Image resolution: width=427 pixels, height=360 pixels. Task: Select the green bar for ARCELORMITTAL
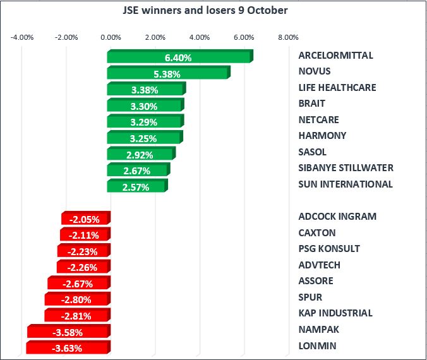(179, 57)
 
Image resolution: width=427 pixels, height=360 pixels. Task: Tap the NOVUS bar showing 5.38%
(168, 73)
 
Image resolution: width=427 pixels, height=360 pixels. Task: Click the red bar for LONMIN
(68, 347)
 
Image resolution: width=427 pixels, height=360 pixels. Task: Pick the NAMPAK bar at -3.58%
(69, 332)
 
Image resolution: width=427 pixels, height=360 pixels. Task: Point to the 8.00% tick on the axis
(288, 37)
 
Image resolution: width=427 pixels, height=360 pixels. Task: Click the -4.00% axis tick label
(22, 37)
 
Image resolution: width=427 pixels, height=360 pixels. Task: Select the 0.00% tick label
(111, 37)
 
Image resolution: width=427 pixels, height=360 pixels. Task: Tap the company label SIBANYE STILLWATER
(346, 168)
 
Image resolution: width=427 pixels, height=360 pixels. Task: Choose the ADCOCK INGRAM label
(337, 217)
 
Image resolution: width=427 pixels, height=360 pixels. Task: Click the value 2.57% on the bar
(138, 186)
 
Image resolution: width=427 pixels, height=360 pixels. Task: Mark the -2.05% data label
(85, 219)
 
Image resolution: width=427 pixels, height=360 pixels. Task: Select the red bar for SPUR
(77, 299)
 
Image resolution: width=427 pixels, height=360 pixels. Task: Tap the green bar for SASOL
(141, 154)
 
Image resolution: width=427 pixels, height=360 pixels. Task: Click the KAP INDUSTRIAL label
(335, 313)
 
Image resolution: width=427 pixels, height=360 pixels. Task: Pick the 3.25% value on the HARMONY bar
(145, 138)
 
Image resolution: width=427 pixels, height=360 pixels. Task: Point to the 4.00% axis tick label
(199, 37)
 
